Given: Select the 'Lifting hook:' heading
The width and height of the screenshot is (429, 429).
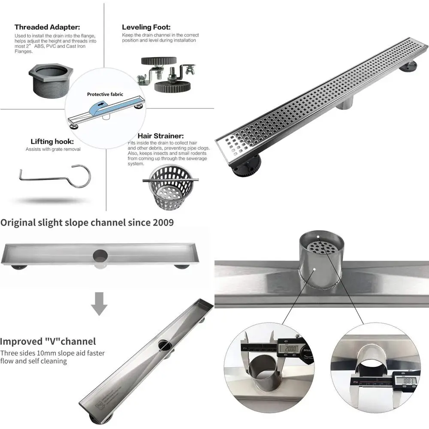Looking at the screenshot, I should coord(52,141).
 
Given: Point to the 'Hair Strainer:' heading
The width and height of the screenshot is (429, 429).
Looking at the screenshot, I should coord(160,136).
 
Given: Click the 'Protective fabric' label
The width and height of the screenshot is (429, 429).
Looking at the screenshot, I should coord(105,94).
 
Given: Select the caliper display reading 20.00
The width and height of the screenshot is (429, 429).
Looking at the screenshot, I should coord(288,348).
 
